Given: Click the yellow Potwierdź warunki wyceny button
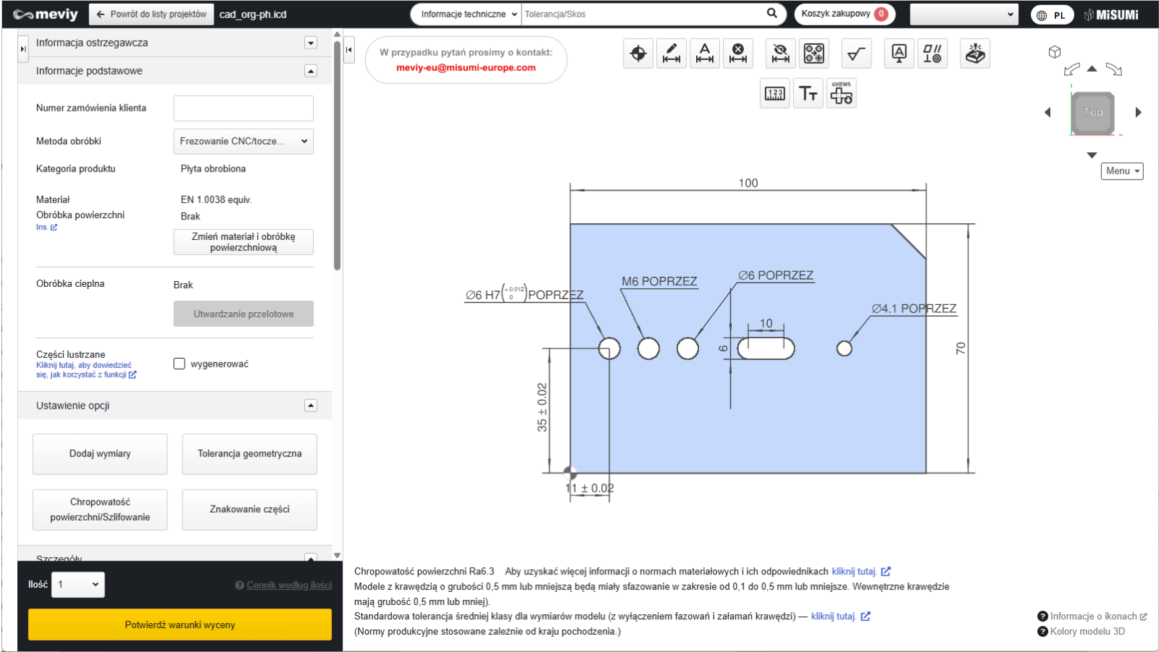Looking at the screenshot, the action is click(180, 624).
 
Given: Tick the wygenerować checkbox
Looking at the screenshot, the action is click(179, 364).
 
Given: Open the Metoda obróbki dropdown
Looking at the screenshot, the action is click(243, 141).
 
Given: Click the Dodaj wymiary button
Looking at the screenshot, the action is click(100, 454).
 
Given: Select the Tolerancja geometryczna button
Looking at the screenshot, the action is click(249, 454).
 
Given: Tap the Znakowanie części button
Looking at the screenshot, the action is click(249, 510).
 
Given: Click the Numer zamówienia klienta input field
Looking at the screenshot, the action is click(243, 108).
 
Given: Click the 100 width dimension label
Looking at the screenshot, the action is click(748, 183).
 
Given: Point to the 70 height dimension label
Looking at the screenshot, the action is click(961, 348).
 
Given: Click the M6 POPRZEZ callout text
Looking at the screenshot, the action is click(659, 281).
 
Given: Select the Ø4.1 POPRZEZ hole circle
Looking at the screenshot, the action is click(844, 348).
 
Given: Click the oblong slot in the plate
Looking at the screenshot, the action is click(766, 348).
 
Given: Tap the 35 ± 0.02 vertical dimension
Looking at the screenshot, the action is click(542, 407).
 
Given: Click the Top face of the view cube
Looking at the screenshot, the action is click(1093, 112).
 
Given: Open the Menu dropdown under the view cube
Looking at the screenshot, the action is click(1122, 171).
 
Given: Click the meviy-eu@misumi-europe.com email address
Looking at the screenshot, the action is click(466, 68).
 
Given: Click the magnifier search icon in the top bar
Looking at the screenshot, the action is click(771, 14).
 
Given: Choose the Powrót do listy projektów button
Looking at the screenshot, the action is click(151, 14).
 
